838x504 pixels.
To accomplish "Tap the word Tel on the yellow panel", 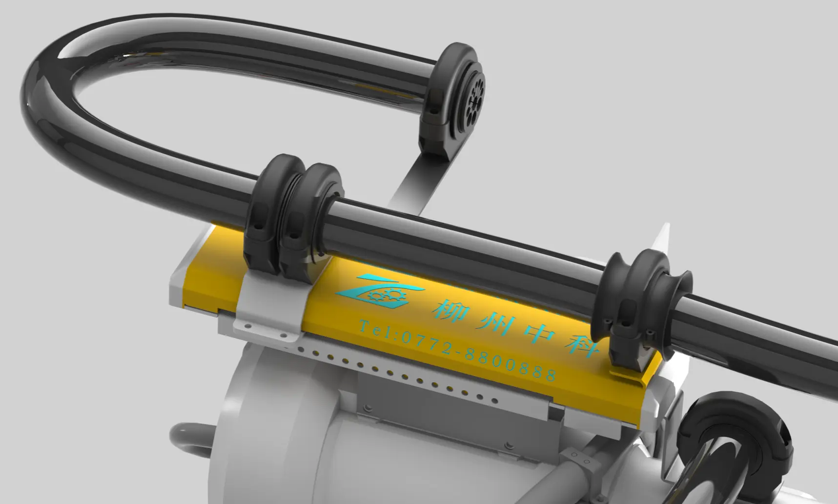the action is [x=376, y=327].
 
